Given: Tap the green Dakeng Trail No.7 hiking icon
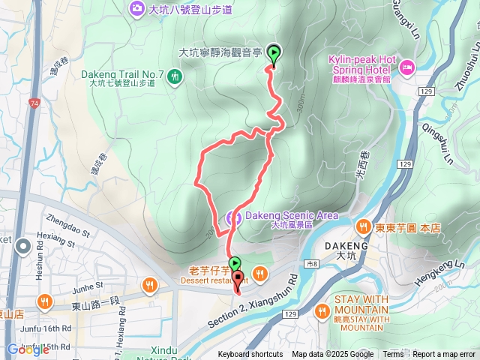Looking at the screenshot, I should [x=174, y=75].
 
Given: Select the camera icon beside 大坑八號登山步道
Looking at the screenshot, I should [x=136, y=9].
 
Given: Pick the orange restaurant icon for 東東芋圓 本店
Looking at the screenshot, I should [x=363, y=226].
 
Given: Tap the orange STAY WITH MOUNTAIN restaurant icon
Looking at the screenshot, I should [x=323, y=308].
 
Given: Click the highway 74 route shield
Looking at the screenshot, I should [x=34, y=101].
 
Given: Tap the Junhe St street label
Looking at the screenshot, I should [x=88, y=286].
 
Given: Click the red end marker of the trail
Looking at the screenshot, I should [x=238, y=282].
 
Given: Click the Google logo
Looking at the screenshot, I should [x=28, y=349].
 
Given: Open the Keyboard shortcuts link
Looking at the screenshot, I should [x=250, y=355].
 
